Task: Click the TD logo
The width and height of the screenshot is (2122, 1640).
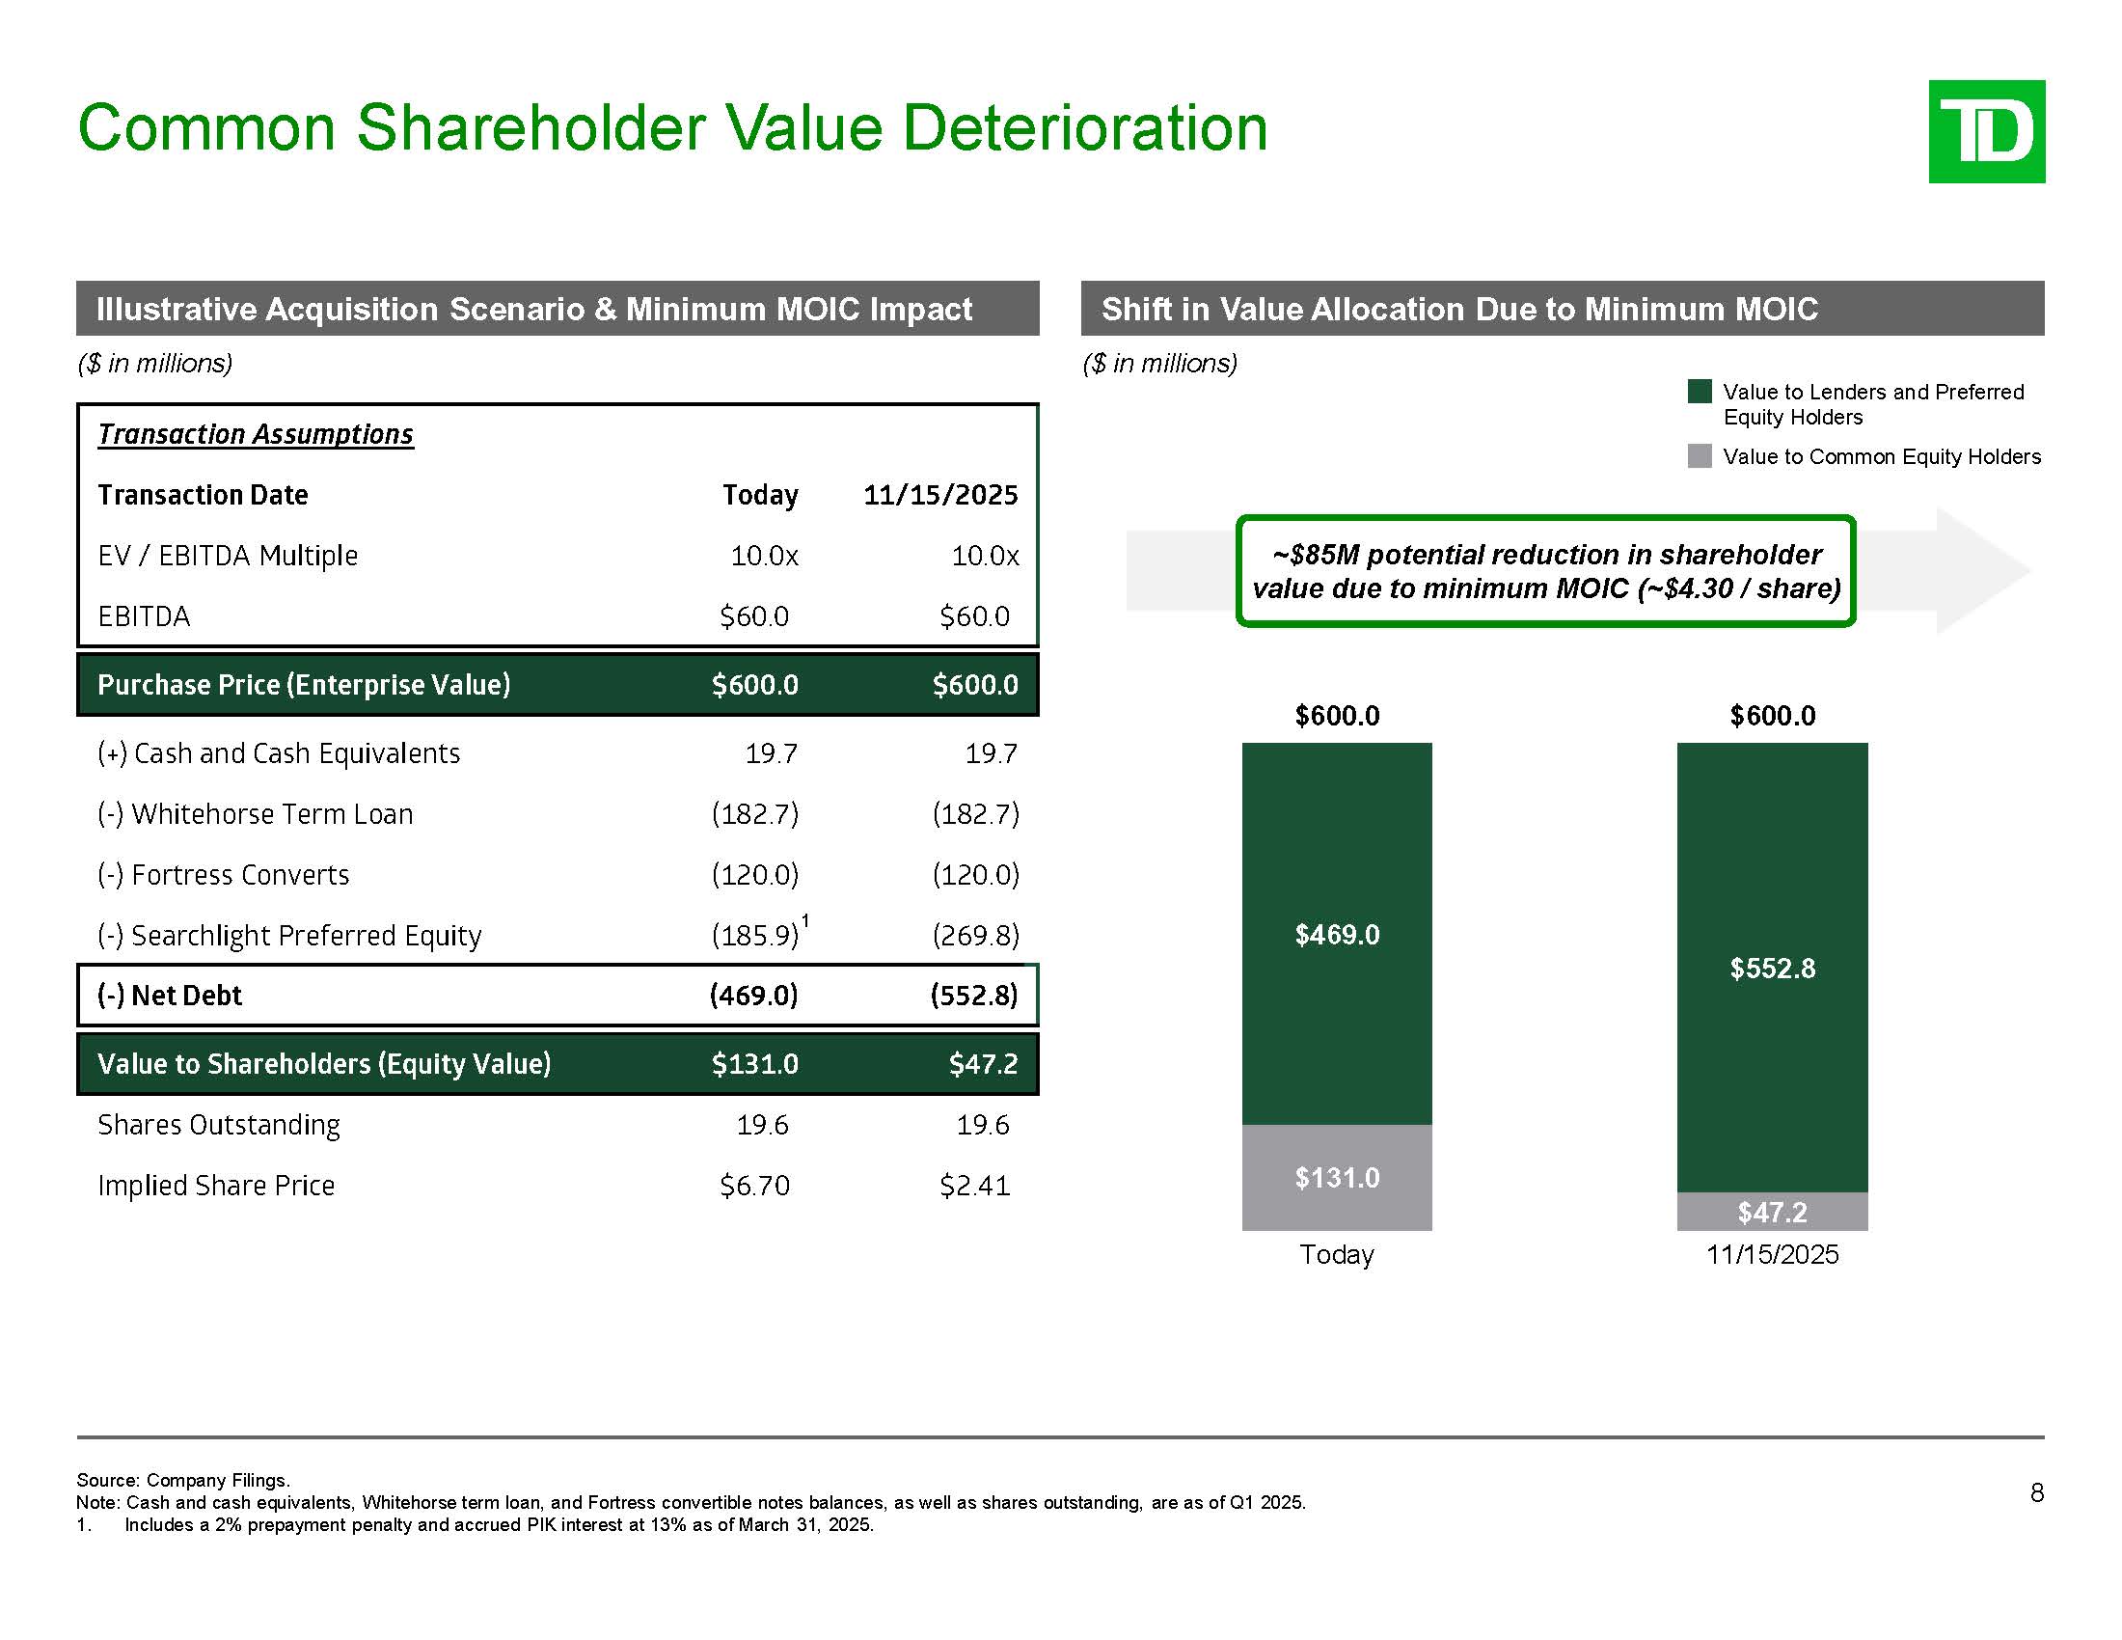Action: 1986,131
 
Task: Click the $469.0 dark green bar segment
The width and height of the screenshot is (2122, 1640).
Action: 1336,933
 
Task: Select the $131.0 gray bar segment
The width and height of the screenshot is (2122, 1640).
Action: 1336,1177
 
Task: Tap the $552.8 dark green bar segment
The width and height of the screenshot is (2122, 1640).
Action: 1771,967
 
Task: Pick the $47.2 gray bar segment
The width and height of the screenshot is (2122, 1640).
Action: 1771,1211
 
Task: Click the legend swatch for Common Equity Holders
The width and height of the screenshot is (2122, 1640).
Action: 1700,455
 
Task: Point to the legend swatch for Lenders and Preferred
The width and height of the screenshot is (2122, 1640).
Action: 1700,392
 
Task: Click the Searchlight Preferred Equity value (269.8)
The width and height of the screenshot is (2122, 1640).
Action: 974,935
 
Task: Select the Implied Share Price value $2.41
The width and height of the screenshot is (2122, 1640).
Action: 974,1186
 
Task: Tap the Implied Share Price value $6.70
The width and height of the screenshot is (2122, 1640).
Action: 754,1186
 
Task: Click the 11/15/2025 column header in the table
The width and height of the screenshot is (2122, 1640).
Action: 939,495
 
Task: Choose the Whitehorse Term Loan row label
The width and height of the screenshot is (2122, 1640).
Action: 256,813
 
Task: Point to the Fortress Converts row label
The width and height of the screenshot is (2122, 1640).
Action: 224,874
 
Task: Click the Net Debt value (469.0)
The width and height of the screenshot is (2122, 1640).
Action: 754,995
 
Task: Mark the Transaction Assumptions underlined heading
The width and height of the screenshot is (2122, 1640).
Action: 256,434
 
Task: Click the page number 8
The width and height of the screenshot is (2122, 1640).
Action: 2036,1492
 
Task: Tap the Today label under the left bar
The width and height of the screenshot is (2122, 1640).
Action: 1336,1254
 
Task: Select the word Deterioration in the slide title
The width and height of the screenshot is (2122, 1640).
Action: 1084,127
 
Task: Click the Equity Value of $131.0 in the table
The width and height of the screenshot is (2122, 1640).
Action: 754,1064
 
